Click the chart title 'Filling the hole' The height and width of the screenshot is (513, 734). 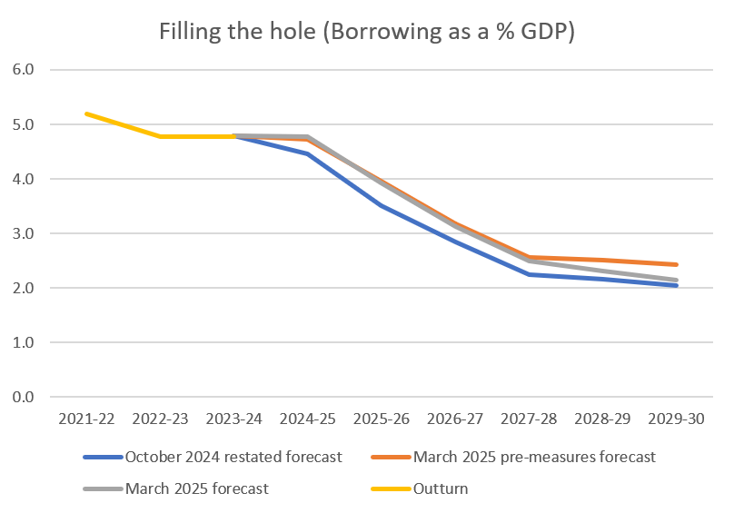coord(367,32)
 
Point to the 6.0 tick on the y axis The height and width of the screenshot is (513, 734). coord(24,70)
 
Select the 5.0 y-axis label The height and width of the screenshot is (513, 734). coord(24,124)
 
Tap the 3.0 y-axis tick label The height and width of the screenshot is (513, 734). coord(24,233)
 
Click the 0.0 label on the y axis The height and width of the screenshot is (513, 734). coord(24,397)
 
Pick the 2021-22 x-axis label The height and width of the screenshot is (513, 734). coord(86,420)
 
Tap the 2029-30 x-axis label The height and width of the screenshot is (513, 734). coord(677,420)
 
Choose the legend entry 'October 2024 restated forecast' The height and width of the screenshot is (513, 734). coord(233,457)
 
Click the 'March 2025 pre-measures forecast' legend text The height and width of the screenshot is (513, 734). coord(533,457)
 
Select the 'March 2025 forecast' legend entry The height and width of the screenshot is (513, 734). coord(197,488)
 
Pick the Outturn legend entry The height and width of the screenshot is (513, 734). coord(441,488)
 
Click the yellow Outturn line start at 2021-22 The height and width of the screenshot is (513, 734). coord(86,113)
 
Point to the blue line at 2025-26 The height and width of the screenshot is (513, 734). coord(382,206)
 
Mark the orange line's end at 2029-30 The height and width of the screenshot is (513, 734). coord(677,264)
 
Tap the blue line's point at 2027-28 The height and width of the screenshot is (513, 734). coord(530,274)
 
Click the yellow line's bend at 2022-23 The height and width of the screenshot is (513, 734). coord(161,136)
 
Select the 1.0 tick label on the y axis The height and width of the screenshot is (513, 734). coord(24,342)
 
